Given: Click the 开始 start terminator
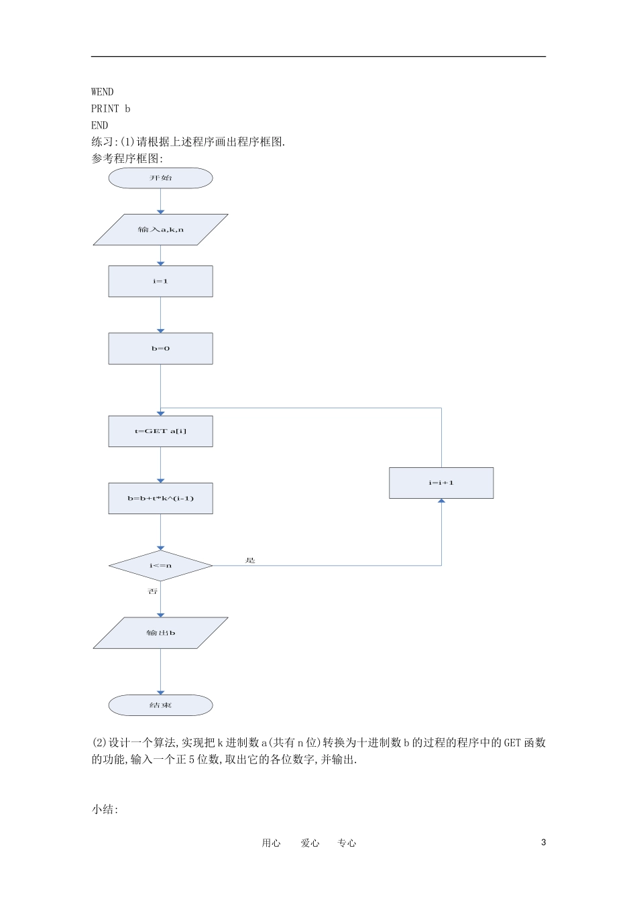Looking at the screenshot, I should tap(160, 178).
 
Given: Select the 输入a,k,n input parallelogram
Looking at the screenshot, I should tap(160, 230).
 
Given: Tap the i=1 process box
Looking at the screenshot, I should tap(160, 282).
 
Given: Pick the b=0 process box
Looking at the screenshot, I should tap(160, 349).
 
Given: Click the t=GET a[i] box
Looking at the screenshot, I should tap(160, 431).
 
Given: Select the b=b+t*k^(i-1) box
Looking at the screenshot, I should tap(160, 498).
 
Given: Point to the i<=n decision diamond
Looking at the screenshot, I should tap(160, 566).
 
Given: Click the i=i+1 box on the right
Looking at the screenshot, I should tap(441, 483).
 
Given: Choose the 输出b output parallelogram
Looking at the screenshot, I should tap(160, 633).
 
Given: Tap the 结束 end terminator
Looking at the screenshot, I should tap(160, 705).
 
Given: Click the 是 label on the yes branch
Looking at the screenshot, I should tap(251, 560).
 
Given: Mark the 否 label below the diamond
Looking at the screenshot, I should tap(153, 591).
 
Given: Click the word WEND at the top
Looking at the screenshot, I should tap(103, 92).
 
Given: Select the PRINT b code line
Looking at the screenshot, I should tap(111, 109).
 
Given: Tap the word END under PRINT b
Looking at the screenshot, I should tap(99, 125).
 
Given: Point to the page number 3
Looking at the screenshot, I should tap(543, 843).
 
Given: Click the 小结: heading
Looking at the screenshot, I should tap(105, 809).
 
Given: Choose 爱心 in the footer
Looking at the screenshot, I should tap(310, 843).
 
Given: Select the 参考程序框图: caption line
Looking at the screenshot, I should tap(127, 158).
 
